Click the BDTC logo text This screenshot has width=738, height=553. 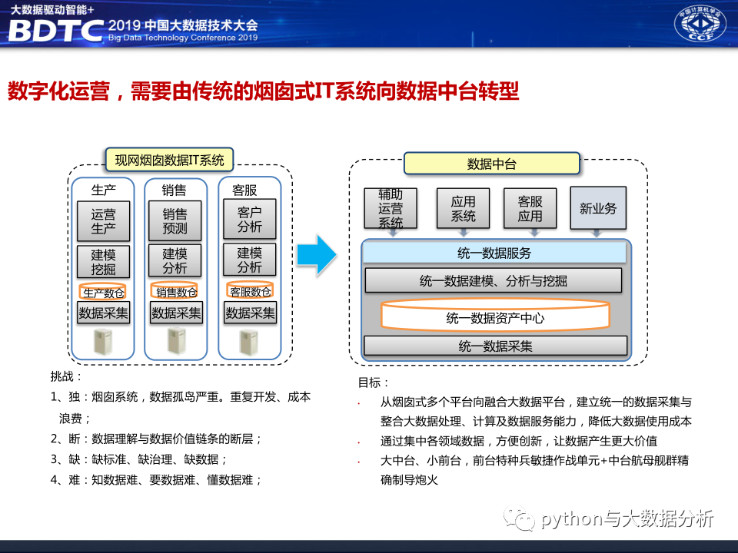[x=55, y=30]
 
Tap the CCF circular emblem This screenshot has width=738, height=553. [x=700, y=25]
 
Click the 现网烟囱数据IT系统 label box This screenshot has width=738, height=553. [x=169, y=160]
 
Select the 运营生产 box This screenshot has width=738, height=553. [x=104, y=221]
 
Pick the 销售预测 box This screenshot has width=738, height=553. [x=175, y=221]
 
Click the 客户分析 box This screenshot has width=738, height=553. [x=249, y=220]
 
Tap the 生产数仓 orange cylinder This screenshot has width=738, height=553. [x=104, y=292]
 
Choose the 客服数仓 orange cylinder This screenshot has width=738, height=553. [x=250, y=292]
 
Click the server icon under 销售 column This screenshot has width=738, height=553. [x=176, y=342]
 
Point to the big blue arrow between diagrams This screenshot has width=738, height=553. [x=317, y=253]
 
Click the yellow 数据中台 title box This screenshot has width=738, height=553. [x=492, y=164]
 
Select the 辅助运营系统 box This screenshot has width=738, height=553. [x=391, y=208]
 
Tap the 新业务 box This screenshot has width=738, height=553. [x=598, y=208]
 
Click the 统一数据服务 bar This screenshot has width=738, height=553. [x=494, y=253]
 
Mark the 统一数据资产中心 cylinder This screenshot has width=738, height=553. [x=495, y=316]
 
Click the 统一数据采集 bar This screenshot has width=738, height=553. [x=495, y=346]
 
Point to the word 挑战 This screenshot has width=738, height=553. [x=66, y=376]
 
